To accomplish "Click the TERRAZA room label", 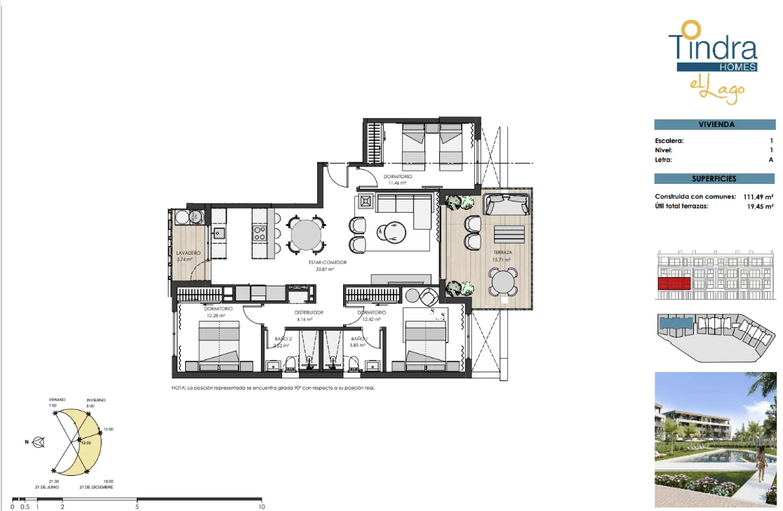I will coord(501,251).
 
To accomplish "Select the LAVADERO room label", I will coord(189,253).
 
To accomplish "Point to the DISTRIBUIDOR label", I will coord(309,312).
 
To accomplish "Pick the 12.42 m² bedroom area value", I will coord(371,319).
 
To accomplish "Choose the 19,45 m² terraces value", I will coord(759,206).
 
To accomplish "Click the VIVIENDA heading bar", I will coord(716,124).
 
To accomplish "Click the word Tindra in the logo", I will coord(713,47).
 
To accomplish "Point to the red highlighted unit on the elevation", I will coord(674,284).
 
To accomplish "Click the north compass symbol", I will coord(39,442).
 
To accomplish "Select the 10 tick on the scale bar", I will coord(261,505).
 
